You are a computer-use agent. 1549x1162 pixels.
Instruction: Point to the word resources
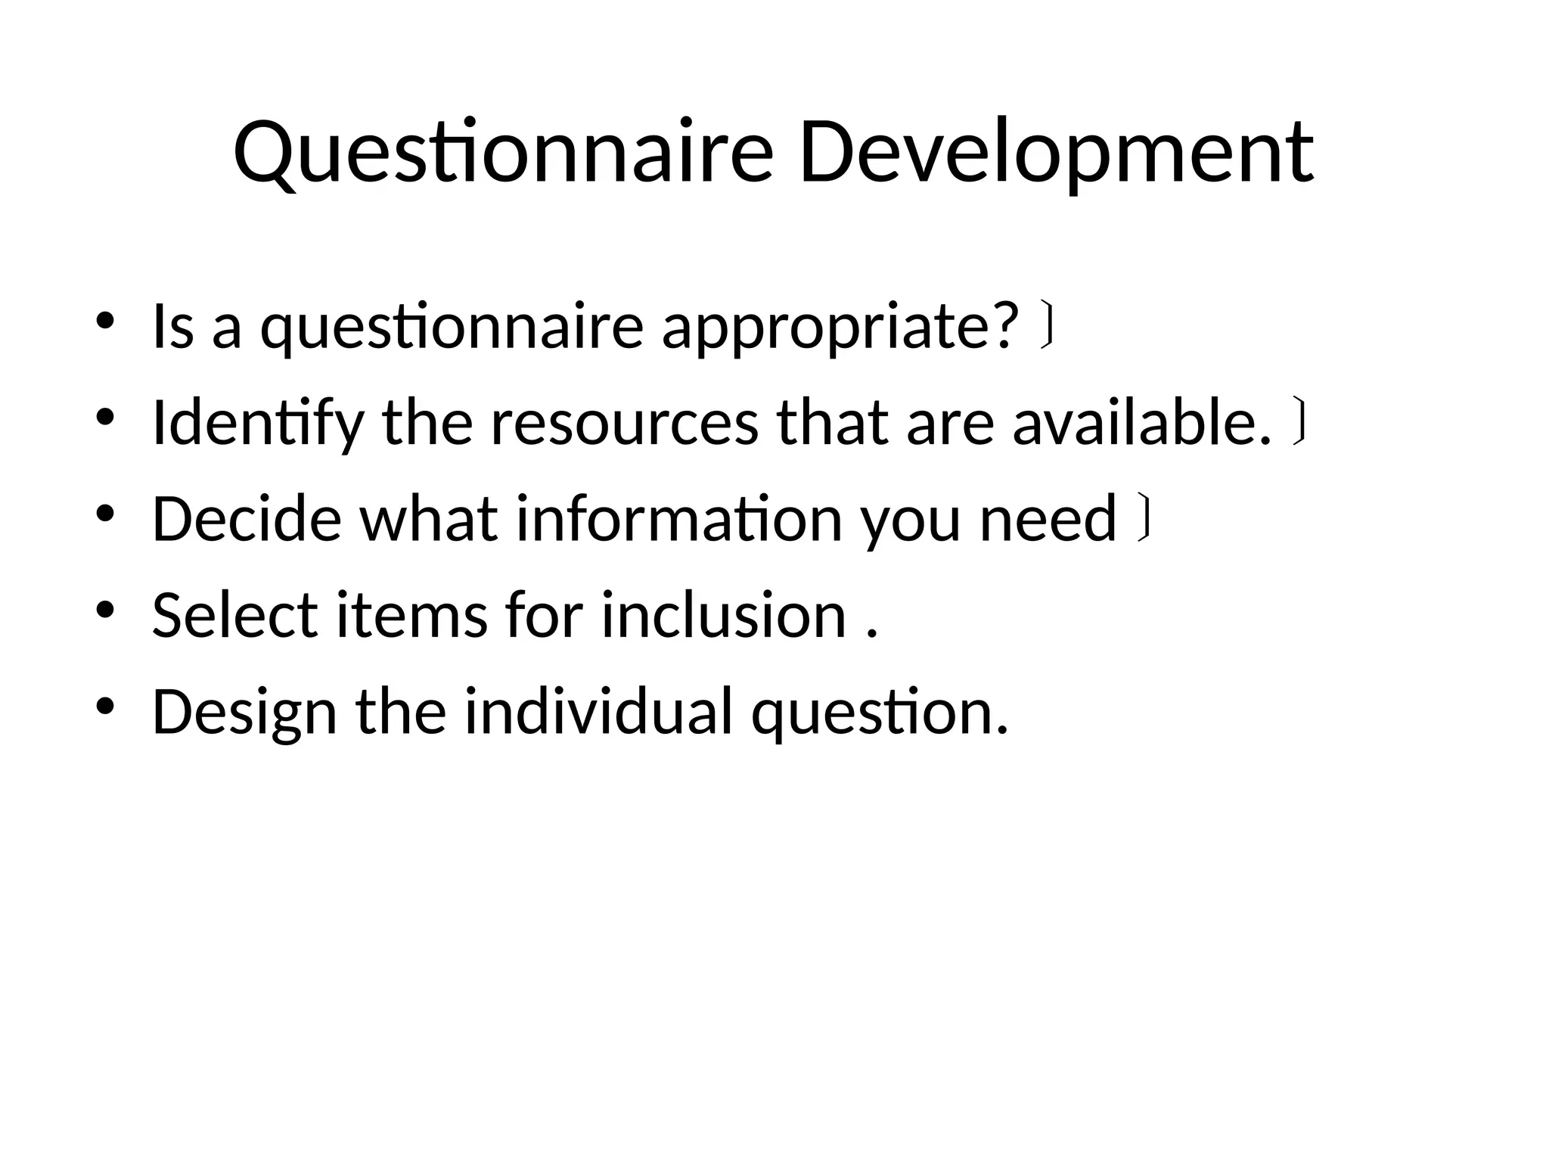point(624,424)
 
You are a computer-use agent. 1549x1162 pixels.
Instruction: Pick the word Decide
point(247,519)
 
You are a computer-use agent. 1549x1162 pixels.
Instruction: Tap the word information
point(679,519)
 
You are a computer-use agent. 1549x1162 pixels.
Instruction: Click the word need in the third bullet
point(1048,519)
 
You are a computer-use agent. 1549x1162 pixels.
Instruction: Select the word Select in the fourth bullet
point(235,615)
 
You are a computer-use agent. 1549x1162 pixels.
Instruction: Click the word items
point(411,615)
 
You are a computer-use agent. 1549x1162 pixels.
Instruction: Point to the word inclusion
point(723,615)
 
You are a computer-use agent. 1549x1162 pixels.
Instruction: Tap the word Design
point(244,712)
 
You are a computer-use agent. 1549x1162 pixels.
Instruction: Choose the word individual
point(598,712)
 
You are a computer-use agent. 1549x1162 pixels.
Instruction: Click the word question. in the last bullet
point(880,712)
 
